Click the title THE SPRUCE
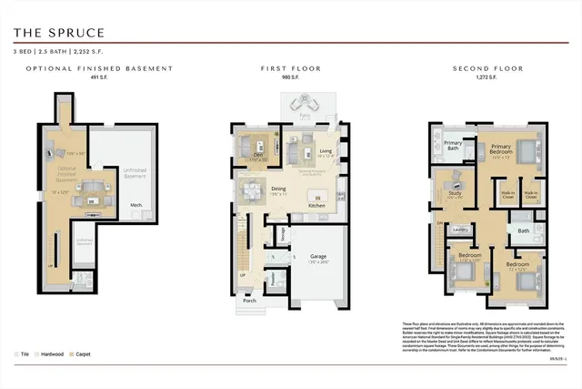coord(59,33)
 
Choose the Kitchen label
coord(316,205)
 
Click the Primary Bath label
coord(452,145)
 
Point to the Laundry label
coord(460,229)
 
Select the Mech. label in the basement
coord(135,205)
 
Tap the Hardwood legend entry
coord(53,353)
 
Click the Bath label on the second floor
coord(523,230)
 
